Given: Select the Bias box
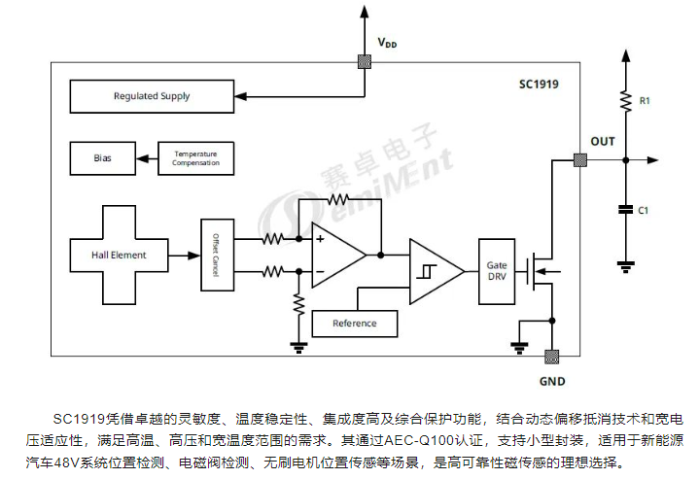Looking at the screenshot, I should (102, 157).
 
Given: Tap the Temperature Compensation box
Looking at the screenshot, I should (195, 157).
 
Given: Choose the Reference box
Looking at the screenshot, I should (354, 323).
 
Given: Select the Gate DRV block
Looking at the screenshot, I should (496, 271).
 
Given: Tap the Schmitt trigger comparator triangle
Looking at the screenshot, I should (433, 271).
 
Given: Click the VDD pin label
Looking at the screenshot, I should (388, 44).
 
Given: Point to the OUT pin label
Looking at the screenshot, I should (603, 142).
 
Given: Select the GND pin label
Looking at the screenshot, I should (551, 381).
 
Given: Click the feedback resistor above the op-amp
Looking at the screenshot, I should (340, 199).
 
